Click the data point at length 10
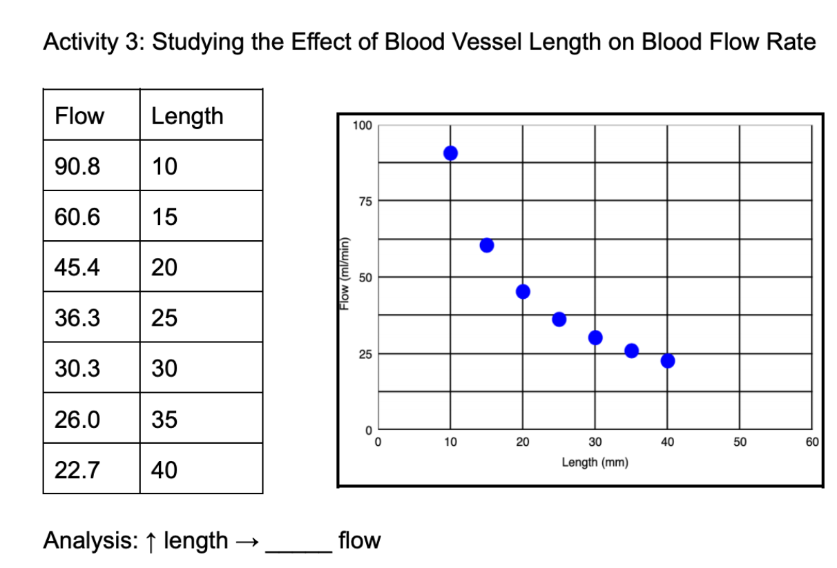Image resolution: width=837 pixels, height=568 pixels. (x=450, y=153)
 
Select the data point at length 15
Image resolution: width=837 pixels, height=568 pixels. (x=487, y=246)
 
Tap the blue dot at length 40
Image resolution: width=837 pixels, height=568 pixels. (x=667, y=361)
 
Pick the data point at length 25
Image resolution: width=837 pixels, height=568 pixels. (x=559, y=319)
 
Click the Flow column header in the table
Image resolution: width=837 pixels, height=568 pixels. (x=79, y=116)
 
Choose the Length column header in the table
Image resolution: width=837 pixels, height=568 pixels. (x=187, y=116)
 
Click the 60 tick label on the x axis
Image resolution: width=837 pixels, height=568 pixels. (x=811, y=442)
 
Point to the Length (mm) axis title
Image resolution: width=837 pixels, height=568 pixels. (x=595, y=462)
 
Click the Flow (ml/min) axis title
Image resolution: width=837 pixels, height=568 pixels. (x=342, y=277)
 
